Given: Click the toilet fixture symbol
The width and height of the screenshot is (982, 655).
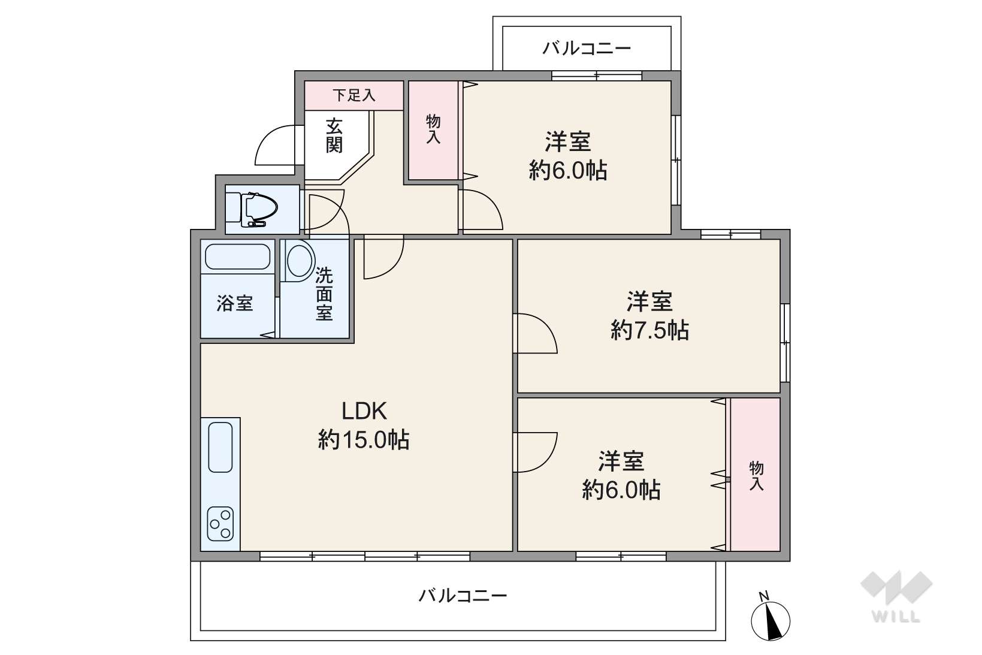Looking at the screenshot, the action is [259, 209].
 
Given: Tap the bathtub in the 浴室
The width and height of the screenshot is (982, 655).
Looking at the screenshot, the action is [238, 256].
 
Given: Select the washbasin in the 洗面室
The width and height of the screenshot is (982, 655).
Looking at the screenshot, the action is [300, 261].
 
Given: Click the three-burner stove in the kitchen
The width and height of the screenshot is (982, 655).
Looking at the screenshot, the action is [220, 524].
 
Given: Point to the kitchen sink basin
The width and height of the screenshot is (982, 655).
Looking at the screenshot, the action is [220, 447].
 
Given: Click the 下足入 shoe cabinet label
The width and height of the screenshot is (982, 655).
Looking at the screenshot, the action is [353, 95].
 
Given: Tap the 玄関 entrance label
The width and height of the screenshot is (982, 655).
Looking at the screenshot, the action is [334, 136].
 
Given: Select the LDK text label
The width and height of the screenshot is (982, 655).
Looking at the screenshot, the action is [364, 411].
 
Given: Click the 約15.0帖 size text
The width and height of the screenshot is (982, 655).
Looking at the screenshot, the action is [364, 440].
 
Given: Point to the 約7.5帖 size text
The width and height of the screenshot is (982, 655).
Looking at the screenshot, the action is [649, 331].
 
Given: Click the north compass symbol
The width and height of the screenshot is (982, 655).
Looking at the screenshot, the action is [771, 621].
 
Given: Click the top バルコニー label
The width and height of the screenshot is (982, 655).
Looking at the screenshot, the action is [587, 48].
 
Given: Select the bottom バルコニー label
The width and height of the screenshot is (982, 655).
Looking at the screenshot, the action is [463, 596].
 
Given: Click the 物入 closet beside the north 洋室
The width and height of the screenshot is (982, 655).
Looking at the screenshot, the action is [433, 130].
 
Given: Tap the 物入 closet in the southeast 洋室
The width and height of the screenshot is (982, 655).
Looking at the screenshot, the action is [756, 475].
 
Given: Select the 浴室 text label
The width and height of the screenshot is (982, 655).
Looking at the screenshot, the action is [235, 303].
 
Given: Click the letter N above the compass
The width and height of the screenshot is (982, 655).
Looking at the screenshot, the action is [764, 596].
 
